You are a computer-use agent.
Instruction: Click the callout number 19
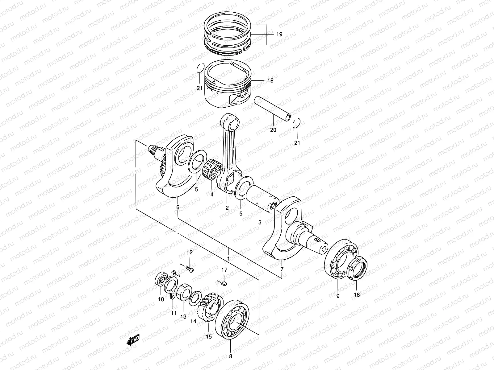(279, 34)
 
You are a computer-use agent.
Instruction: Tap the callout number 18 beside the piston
(270, 81)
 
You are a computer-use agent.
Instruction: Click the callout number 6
(178, 208)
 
